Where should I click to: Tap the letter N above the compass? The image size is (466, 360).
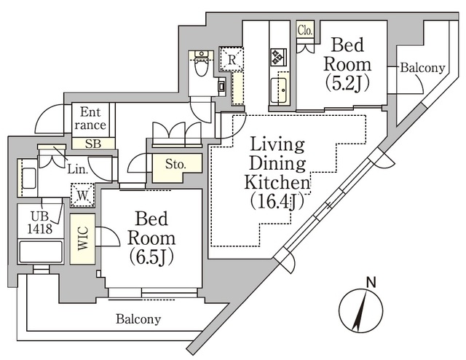coord(371,281)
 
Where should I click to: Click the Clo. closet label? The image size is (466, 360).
coord(305,31)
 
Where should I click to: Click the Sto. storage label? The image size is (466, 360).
coord(174,165)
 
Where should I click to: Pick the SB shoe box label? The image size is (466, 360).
coord(92,143)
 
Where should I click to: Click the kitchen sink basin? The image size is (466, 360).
coord(279,91)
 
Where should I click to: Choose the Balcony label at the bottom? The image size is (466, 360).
coord(138,319)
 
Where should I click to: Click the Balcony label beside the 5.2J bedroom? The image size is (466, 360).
coord(422,68)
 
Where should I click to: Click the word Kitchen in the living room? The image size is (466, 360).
coord(276,181)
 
